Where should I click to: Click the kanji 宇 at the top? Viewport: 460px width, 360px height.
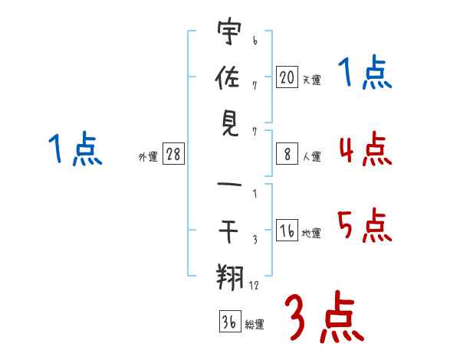(x=229, y=31)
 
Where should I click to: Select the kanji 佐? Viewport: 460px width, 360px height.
(x=228, y=77)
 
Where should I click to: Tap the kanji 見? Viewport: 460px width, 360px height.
(x=230, y=124)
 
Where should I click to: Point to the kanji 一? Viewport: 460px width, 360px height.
(x=229, y=185)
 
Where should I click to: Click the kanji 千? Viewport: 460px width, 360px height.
(x=228, y=231)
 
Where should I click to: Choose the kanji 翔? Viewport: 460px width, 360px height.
(x=229, y=277)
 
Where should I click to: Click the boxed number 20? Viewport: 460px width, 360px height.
(x=287, y=77)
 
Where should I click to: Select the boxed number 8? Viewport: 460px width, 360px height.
(x=287, y=154)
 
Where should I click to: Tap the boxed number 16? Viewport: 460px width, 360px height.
(x=287, y=230)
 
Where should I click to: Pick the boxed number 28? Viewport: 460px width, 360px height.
(x=173, y=153)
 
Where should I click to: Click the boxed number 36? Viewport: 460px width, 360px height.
(x=230, y=321)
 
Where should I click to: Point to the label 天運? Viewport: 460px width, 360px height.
(x=312, y=80)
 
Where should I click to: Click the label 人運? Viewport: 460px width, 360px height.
(x=312, y=156)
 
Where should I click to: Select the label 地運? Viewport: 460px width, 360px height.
(x=311, y=234)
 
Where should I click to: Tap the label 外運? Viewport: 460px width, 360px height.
(x=148, y=156)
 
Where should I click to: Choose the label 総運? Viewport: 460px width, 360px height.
(x=255, y=325)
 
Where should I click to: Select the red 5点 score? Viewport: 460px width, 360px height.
(x=365, y=225)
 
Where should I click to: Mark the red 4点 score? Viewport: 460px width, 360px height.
(x=366, y=149)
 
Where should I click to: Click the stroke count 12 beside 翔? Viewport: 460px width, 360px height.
(x=254, y=285)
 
